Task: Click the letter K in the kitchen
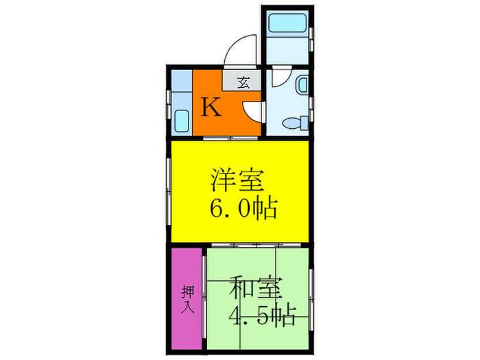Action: [x=211, y=108]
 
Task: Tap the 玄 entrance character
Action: [x=243, y=82]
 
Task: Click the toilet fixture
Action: [x=293, y=123]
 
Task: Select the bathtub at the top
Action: [x=287, y=23]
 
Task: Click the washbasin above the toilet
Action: [x=302, y=85]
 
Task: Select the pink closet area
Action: [x=187, y=298]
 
